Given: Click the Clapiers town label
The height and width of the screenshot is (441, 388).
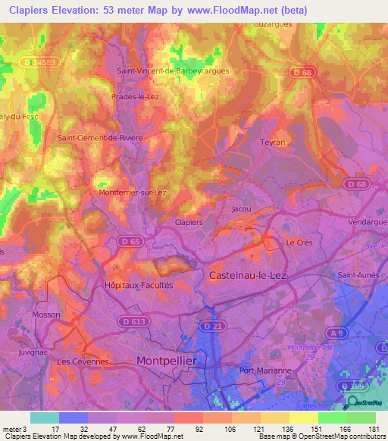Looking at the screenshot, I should [x=189, y=222].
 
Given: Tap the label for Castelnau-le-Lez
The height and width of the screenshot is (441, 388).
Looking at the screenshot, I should [x=247, y=277].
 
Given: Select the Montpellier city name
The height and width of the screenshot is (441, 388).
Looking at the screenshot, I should [x=166, y=361].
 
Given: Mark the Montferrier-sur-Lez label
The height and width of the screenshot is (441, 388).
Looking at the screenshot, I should [x=133, y=193].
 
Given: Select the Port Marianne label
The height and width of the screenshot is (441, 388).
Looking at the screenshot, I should [x=265, y=371].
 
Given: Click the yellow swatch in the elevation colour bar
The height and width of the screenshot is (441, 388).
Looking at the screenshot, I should [x=302, y=418].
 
